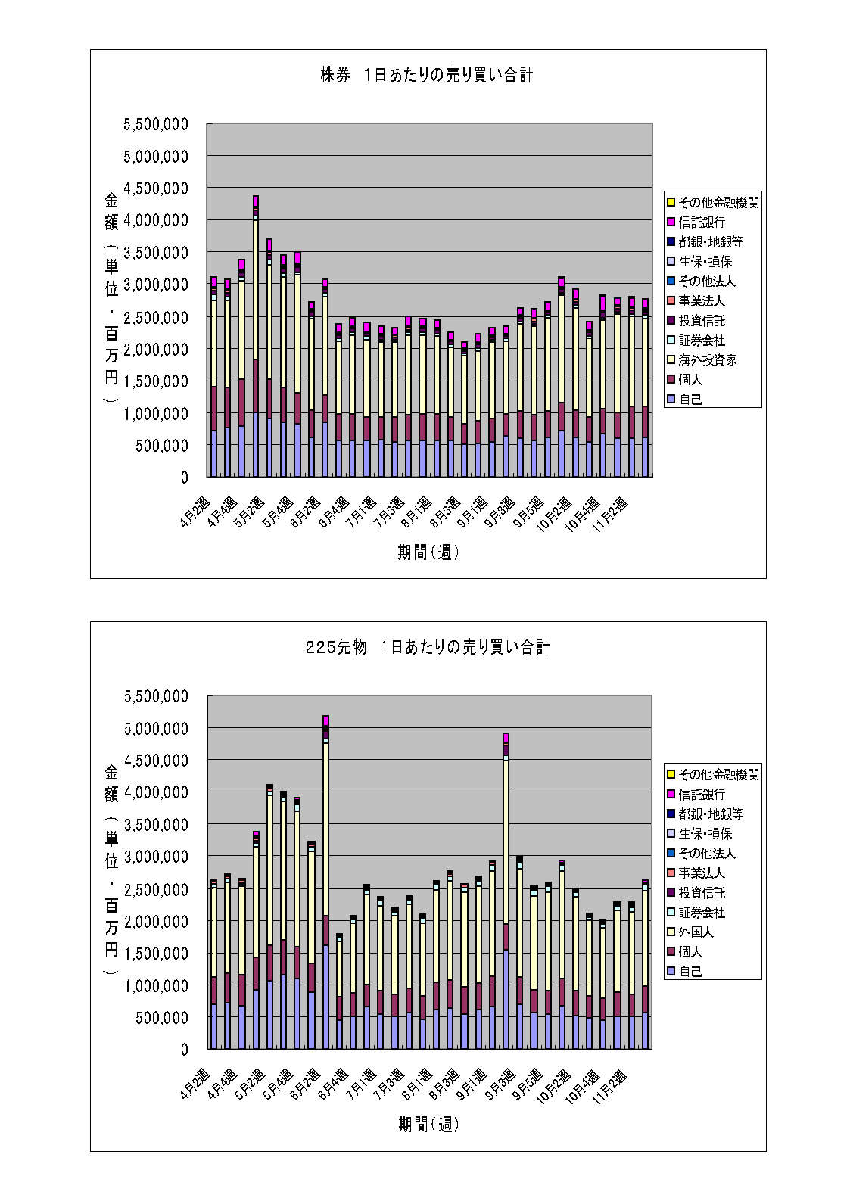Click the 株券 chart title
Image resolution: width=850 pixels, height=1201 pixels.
pos(427,75)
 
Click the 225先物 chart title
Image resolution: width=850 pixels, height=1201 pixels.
pos(427,647)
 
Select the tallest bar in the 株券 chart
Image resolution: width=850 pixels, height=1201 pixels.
pos(256,341)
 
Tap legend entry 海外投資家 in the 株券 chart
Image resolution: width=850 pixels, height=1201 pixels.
pos(707,360)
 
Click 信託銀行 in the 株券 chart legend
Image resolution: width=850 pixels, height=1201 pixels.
pos(702,222)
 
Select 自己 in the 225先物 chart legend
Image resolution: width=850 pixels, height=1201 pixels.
pos(690,972)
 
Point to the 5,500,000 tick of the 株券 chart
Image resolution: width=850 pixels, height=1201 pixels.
pos(156,124)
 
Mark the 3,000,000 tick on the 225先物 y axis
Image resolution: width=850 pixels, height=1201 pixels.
pos(156,857)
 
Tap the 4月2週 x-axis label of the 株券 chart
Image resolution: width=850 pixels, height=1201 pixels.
pos(195,513)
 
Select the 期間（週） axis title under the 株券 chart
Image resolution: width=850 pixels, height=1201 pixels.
pos(428,552)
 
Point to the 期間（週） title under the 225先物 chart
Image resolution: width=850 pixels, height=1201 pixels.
pos(428,1125)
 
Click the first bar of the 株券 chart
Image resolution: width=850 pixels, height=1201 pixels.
pos(213,378)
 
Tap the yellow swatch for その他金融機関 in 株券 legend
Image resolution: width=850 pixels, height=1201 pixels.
pos(671,202)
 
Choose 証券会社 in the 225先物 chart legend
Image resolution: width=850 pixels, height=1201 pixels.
pos(702,913)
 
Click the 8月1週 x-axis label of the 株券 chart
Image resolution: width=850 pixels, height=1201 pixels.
pos(417,513)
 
